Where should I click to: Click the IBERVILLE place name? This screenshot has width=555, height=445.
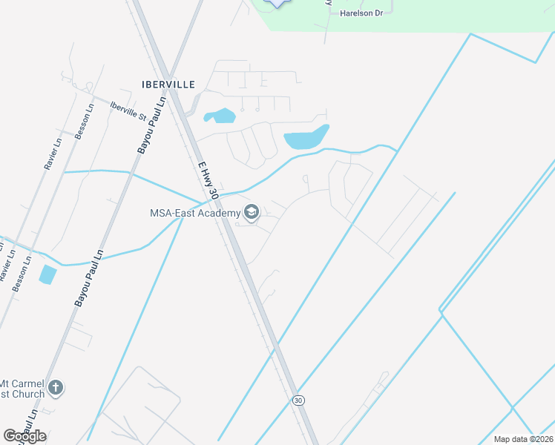tap(168, 85)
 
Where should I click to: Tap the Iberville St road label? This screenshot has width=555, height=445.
tap(128, 111)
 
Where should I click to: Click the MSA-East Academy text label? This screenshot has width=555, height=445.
tap(195, 214)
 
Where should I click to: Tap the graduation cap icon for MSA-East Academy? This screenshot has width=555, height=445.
tap(252, 214)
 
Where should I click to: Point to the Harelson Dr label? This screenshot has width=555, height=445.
tap(361, 13)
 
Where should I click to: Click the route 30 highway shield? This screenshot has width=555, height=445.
tap(298, 400)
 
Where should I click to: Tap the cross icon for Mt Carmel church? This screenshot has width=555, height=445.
tap(55, 387)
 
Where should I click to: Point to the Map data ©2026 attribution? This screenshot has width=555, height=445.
tap(524, 439)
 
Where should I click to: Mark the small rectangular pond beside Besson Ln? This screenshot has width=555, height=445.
tap(47, 274)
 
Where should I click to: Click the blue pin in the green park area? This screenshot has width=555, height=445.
tap(277, 3)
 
